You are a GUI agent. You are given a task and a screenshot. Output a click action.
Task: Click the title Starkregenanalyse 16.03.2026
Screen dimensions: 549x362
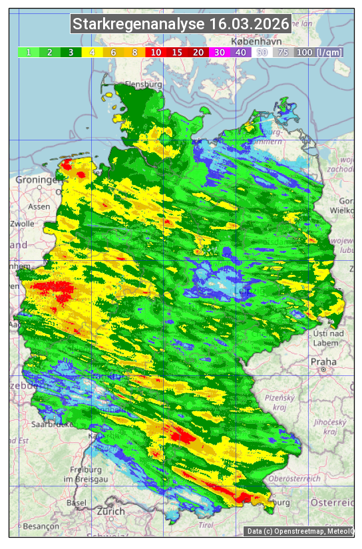click(x=181, y=25)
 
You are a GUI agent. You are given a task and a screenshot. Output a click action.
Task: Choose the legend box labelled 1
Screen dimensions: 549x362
click(x=29, y=52)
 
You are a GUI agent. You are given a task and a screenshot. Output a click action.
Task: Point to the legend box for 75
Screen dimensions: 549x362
click(x=282, y=52)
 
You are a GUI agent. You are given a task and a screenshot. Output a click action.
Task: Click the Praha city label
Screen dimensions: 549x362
click(x=323, y=361)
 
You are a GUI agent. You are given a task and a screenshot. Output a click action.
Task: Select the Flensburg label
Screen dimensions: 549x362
click(x=144, y=85)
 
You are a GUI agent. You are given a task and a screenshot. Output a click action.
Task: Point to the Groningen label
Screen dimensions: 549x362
click(x=36, y=180)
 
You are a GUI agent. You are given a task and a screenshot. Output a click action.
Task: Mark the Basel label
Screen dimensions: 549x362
click(x=77, y=502)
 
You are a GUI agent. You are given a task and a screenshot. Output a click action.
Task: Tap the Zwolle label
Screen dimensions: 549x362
click(x=22, y=224)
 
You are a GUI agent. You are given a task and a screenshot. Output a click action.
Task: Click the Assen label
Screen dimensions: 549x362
click(x=39, y=206)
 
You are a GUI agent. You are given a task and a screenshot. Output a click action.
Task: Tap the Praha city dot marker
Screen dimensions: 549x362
click(x=323, y=369)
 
